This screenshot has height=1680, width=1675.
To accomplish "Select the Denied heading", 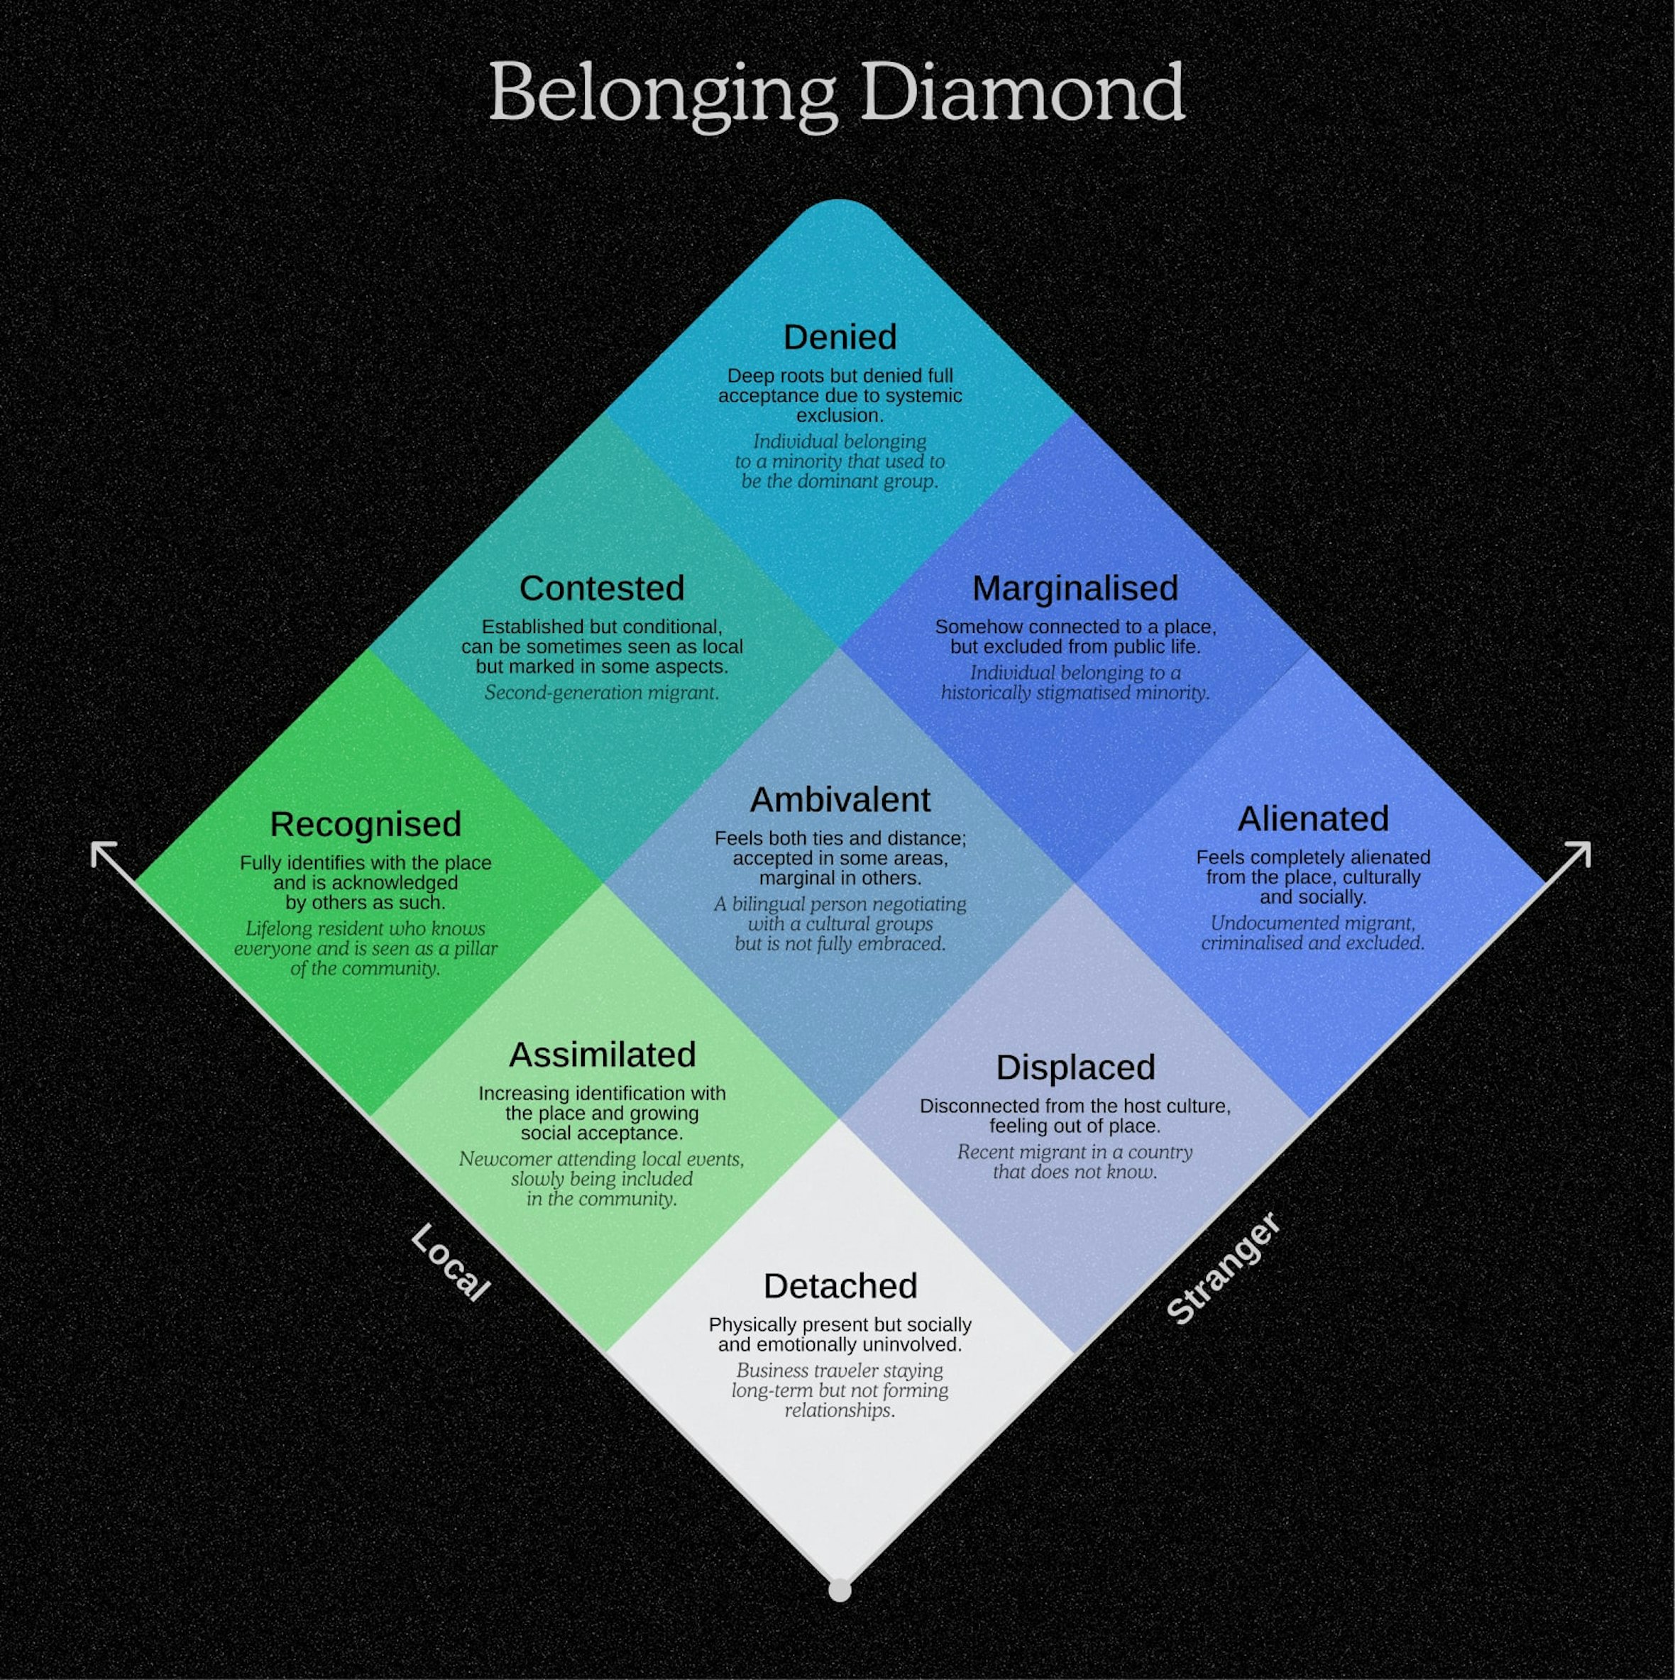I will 839,337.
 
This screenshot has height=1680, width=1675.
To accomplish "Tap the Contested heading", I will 602,588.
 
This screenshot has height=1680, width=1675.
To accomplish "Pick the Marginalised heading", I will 1075,588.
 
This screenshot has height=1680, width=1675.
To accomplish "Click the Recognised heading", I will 366,824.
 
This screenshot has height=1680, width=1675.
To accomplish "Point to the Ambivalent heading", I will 839,800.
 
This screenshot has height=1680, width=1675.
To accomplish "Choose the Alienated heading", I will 1312,819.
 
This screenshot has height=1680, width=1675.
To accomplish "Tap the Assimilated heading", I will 602,1055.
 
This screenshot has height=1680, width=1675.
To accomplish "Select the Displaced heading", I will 1075,1067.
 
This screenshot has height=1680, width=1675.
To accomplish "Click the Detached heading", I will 839,1286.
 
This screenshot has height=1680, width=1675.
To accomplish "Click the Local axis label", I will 449,1263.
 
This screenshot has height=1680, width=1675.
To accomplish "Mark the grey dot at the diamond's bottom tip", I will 839,1591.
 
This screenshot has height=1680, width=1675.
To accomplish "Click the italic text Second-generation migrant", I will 602,693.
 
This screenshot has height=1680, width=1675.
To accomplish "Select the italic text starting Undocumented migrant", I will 1312,933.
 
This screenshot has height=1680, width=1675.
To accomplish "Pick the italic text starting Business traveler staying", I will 839,1390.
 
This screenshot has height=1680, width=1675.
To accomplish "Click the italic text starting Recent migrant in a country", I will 1075,1162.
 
